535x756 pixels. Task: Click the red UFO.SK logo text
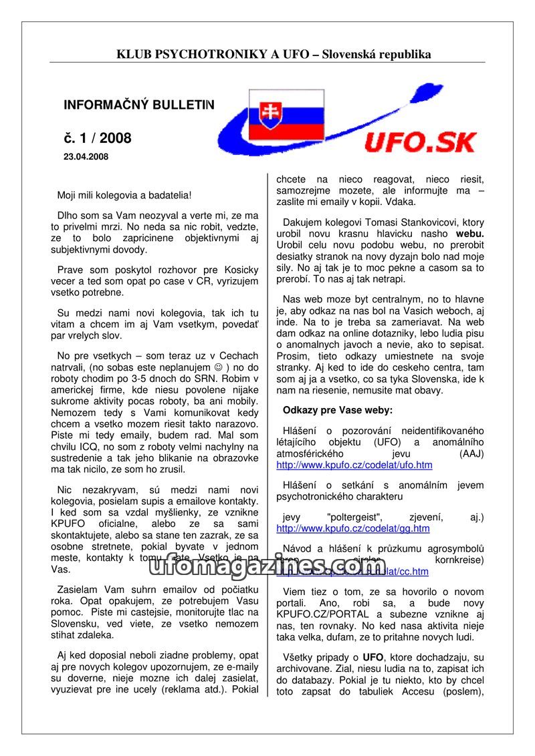pos(421,142)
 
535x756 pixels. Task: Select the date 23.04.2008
pos(86,157)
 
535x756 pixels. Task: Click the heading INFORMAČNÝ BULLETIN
pos(139,105)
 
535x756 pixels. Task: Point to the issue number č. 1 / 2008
pos(98,138)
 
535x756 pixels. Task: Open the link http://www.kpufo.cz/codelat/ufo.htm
pos(354,465)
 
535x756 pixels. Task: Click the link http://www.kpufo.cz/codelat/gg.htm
pos(353,528)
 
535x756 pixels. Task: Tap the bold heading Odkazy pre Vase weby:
pos(338,409)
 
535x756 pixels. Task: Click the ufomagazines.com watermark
pos(267,566)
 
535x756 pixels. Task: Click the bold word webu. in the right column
pos(470,234)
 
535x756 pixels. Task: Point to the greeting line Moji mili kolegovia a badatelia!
pos(124,195)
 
